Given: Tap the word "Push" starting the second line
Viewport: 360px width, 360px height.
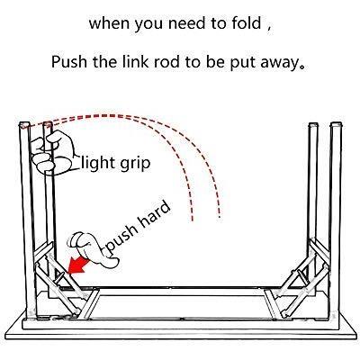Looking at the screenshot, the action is click(69, 62).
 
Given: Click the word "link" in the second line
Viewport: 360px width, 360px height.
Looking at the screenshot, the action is click(136, 62).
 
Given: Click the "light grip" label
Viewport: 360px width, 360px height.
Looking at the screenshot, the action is click(116, 164).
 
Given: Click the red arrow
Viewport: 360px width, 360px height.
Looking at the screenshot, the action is click(78, 265).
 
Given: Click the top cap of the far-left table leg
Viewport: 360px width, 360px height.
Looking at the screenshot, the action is click(24, 124).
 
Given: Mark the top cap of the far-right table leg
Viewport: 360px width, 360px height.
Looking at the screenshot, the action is click(337, 124).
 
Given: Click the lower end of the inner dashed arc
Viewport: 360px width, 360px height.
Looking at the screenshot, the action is click(192, 220).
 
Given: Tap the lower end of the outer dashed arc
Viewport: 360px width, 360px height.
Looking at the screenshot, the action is click(220, 214).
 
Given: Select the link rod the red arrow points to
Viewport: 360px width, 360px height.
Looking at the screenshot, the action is click(59, 276).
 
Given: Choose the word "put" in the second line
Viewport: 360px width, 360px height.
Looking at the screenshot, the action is click(241, 63).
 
